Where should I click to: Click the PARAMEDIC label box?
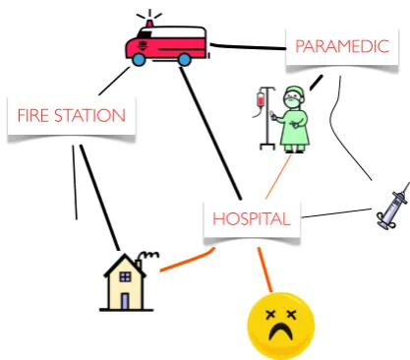point(342,47)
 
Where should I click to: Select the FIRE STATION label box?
point(72,116)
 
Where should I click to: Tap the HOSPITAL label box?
point(252,218)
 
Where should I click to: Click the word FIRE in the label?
point(33,116)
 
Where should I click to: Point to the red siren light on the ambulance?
point(149,24)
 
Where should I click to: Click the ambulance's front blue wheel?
point(139,60)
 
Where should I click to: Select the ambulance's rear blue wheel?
point(184,60)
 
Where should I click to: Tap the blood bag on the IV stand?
point(261,99)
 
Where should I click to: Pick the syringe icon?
point(393,206)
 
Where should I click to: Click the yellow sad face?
point(281,326)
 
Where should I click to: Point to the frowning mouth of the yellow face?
point(280,330)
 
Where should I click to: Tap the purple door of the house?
point(125,301)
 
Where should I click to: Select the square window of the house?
point(125,277)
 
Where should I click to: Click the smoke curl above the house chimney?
point(150,254)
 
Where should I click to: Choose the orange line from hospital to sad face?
point(264,270)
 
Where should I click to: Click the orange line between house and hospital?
point(188,261)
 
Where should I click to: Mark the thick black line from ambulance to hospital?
point(210,133)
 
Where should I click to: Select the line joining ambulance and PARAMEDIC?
point(248,47)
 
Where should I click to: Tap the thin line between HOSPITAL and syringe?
point(336,212)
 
